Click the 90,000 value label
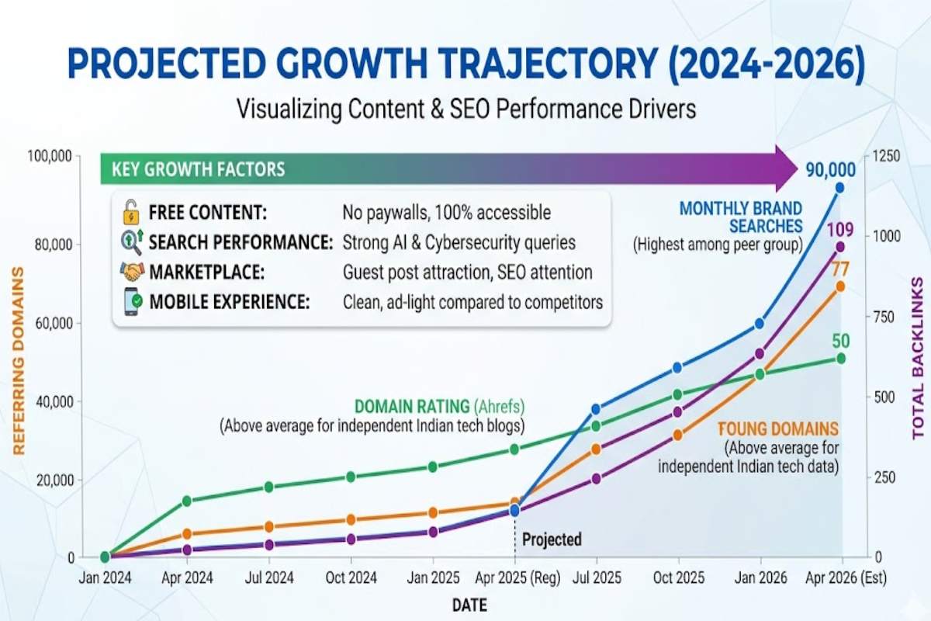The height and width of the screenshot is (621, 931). pos(830,170)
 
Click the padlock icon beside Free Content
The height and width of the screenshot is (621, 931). pos(130,212)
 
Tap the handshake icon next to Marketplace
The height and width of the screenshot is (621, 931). pos(131,272)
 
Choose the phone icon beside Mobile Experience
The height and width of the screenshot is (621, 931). pos(131,301)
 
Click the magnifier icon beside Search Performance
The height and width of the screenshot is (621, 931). pos(130,242)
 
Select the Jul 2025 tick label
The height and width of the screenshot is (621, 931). pos(597,578)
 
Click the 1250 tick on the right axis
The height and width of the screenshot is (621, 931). pos(886,156)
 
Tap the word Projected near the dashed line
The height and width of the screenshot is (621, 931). pos(552,539)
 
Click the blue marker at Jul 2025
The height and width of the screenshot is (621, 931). pos(597,409)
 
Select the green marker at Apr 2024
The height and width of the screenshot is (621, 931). pos(186,501)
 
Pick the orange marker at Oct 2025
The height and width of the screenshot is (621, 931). pos(678,435)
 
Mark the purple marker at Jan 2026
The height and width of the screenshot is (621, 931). pos(760,354)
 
